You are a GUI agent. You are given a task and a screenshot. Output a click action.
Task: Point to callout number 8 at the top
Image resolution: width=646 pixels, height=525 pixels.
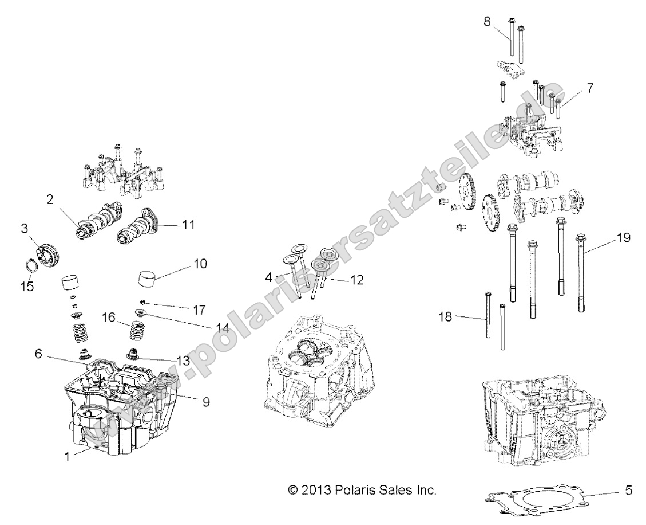[x=487, y=22]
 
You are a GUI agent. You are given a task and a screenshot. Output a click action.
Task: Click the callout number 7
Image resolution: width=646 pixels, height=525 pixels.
[x=589, y=88]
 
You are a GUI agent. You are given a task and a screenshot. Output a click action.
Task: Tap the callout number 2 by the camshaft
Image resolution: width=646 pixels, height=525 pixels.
[x=50, y=200]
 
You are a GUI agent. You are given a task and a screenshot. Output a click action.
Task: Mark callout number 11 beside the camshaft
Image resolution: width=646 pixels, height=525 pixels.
[x=188, y=225]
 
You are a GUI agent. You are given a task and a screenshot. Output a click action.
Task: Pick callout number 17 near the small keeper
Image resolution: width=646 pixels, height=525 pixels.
[x=199, y=309]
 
